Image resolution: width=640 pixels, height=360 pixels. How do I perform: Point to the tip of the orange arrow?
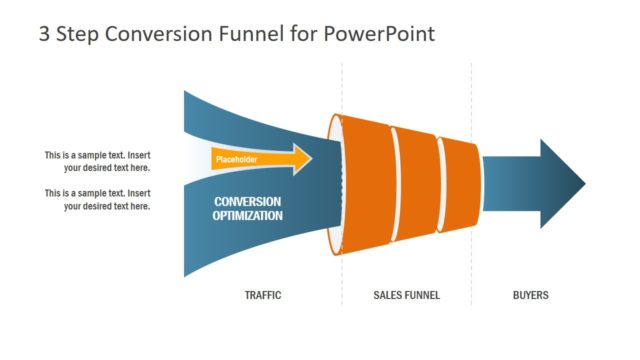(311, 159)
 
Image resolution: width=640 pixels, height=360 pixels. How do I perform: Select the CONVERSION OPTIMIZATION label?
(247, 208)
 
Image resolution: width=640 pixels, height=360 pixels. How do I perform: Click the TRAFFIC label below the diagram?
(263, 295)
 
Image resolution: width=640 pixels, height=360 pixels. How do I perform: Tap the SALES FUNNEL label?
(406, 295)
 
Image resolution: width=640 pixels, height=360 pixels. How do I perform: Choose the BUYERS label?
(530, 295)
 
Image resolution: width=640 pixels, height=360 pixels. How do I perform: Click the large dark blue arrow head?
(562, 184)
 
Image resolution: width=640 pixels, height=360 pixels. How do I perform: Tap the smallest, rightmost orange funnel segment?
(456, 185)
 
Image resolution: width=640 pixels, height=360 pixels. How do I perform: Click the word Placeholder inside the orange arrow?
(236, 159)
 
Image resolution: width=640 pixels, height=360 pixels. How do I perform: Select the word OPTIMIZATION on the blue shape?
(247, 215)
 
